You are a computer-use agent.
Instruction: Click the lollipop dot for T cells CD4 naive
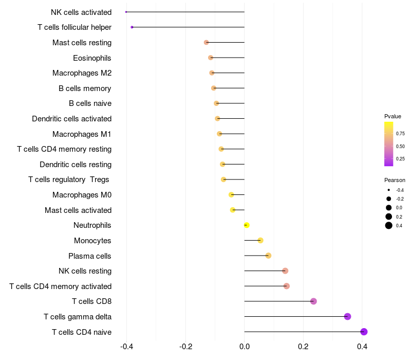364,332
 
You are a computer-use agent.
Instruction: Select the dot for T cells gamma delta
347,316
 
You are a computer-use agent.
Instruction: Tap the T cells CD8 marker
313,301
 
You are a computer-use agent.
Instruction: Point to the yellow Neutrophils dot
247,225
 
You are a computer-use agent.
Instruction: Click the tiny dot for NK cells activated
126,12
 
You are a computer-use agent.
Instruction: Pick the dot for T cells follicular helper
132,27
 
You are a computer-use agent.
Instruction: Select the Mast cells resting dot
207,42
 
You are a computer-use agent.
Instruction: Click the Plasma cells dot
268,256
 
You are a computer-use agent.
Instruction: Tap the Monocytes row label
92,241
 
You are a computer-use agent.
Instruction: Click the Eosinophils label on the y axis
92,58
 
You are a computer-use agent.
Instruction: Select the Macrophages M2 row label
82,73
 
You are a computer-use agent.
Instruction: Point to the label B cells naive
90,103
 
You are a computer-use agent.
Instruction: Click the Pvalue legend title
393,116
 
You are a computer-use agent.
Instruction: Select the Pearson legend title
395,180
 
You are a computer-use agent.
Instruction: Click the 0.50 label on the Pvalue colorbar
400,146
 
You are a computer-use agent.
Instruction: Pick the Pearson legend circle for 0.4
389,225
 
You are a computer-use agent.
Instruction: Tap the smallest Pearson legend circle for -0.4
389,190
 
